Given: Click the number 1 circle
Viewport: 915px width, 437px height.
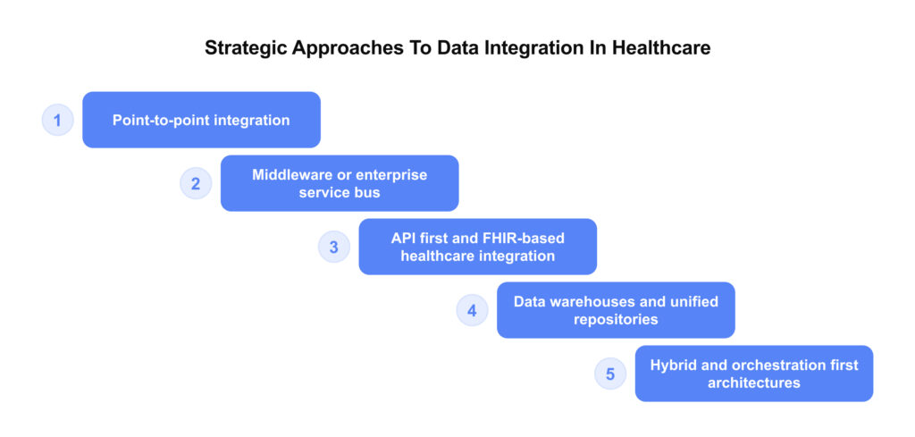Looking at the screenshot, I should [57, 120].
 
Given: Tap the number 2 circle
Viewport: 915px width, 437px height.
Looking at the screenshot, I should [196, 183].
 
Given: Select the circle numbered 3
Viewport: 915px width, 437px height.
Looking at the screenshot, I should [333, 247].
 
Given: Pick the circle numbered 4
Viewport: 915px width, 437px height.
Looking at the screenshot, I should [472, 310].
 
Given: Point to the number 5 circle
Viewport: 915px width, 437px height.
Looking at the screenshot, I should [610, 374].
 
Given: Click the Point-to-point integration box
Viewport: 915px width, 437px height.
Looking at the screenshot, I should [201, 120].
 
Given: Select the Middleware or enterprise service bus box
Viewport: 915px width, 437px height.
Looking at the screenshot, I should [340, 183].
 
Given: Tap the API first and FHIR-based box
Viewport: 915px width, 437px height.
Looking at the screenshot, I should [477, 247].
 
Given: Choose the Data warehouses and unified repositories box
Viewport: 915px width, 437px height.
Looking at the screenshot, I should [616, 310].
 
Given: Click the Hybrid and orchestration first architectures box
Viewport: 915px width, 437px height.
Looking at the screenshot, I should [753, 374].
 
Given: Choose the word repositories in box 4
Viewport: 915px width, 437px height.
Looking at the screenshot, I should [616, 319].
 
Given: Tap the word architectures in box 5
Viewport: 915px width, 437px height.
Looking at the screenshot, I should [753, 382].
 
